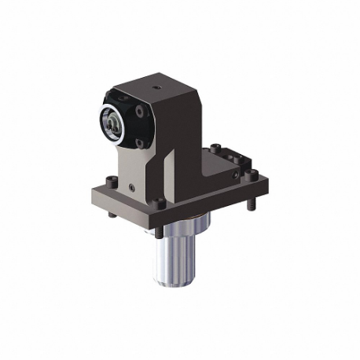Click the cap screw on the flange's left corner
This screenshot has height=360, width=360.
coord(109,183)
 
